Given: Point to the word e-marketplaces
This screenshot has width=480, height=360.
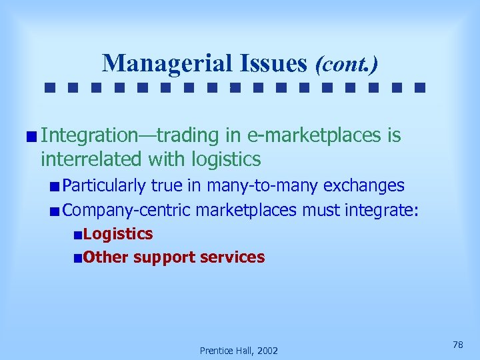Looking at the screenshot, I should (x=313, y=136).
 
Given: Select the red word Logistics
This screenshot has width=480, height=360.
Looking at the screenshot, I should (x=119, y=234).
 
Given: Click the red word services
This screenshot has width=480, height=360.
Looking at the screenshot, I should (x=234, y=257).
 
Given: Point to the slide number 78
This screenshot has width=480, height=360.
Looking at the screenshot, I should (x=457, y=344).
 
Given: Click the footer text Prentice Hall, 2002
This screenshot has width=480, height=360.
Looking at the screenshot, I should (x=239, y=350).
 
